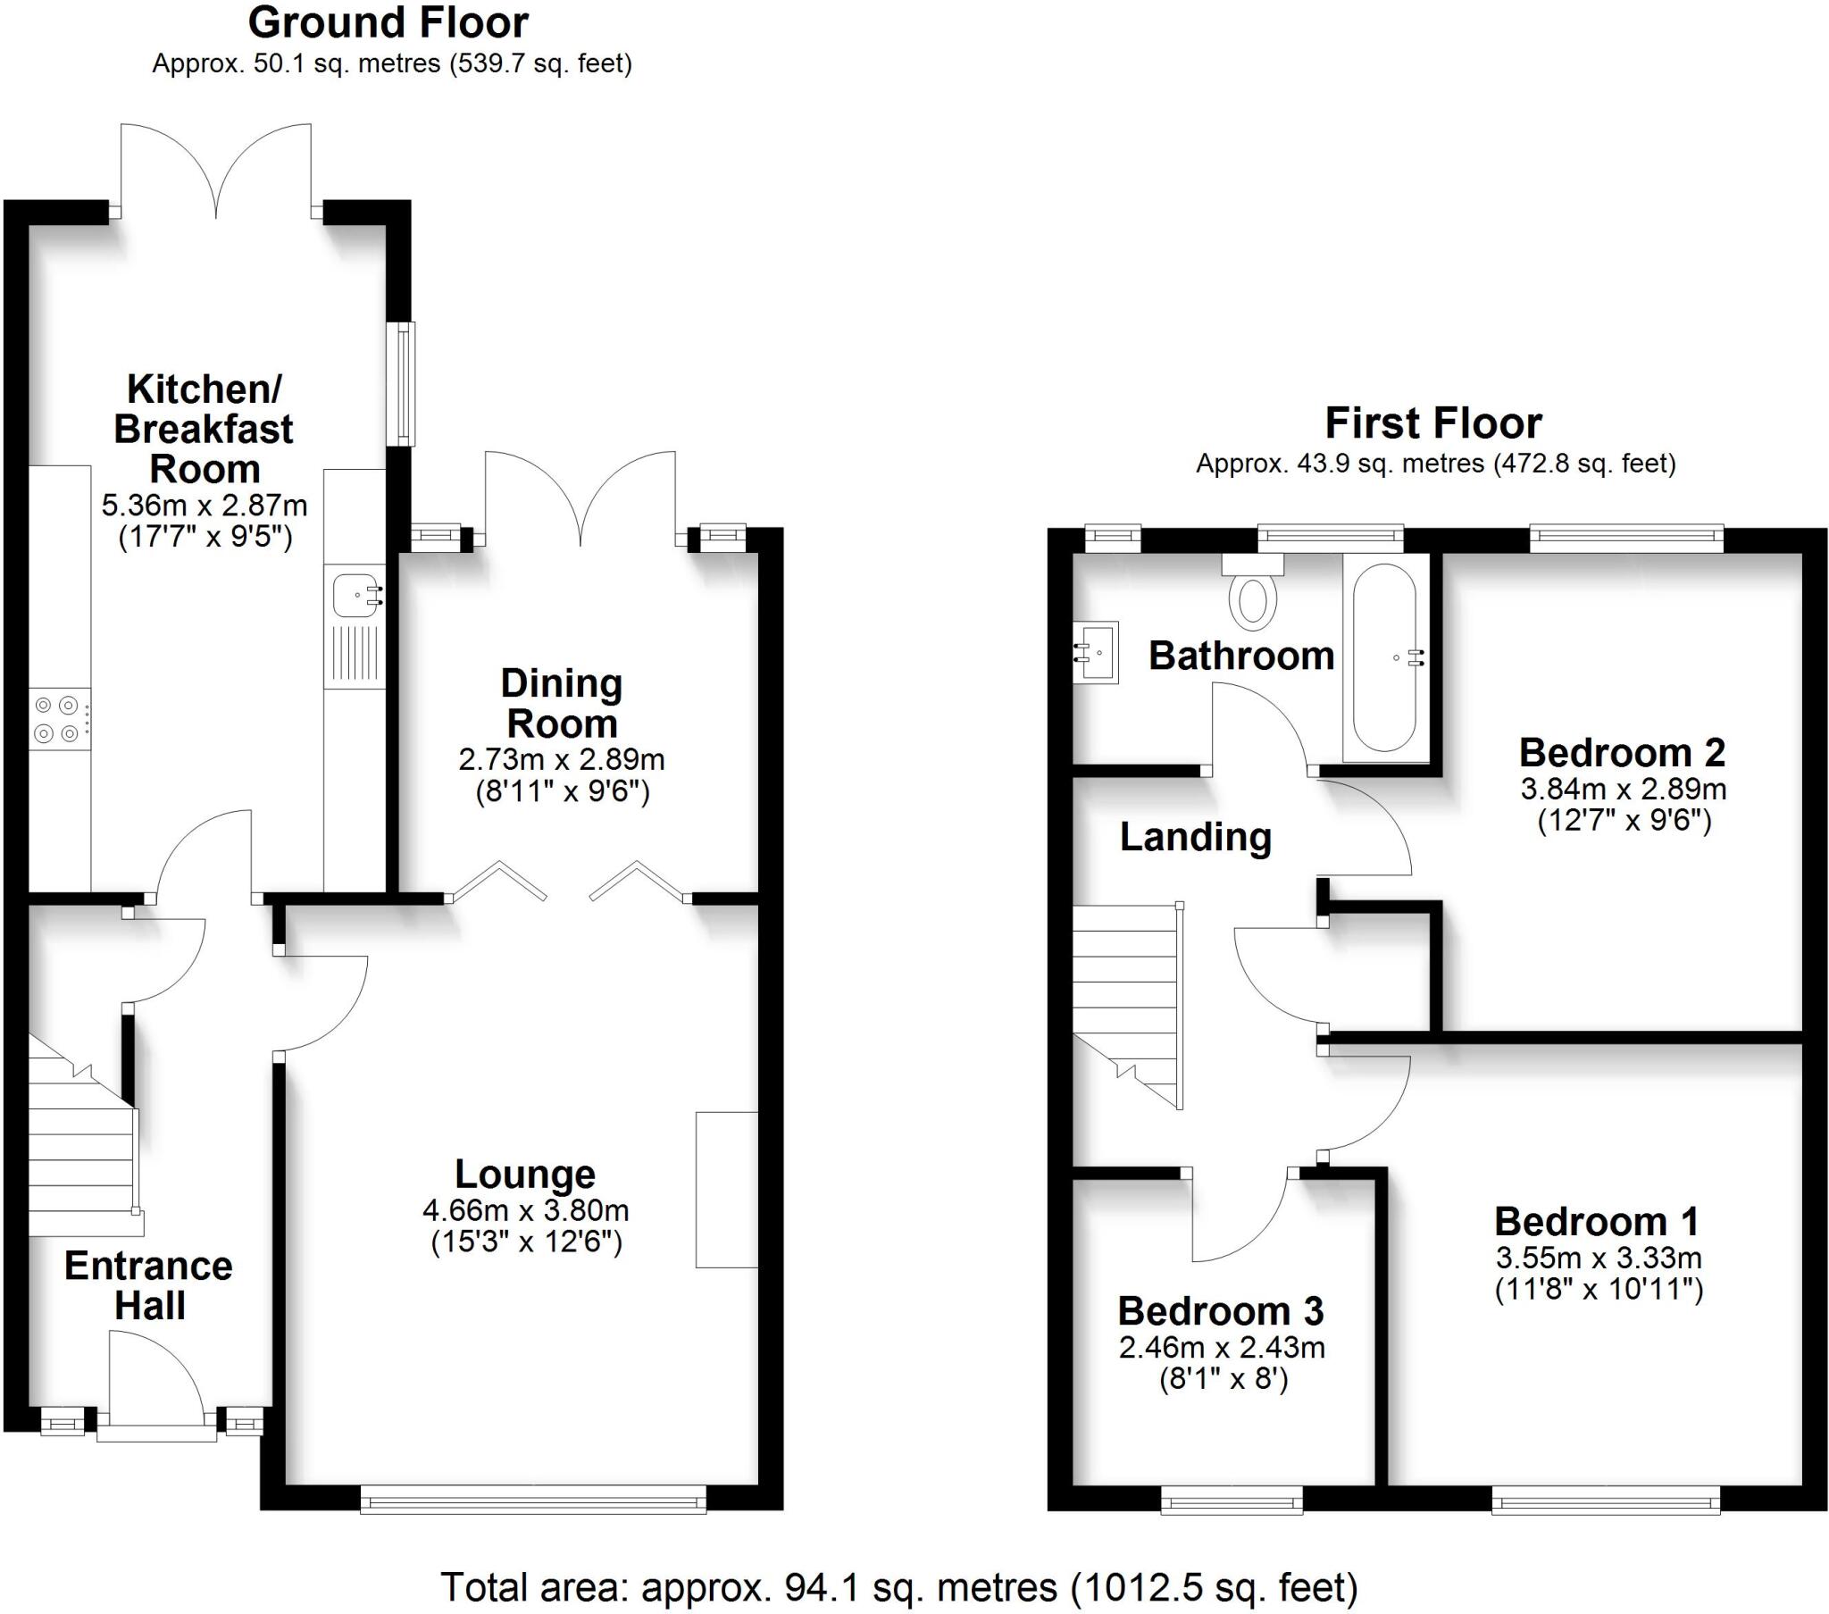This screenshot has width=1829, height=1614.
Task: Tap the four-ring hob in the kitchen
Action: point(59,719)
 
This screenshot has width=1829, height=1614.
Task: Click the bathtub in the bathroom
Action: point(1384,657)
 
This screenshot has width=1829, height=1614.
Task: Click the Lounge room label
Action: point(524,1174)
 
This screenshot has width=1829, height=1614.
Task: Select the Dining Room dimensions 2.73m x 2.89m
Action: point(561,759)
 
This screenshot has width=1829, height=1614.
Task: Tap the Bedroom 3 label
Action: point(1220,1310)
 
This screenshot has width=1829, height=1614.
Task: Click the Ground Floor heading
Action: point(388,22)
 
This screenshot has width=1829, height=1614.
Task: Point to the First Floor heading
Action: point(1432,422)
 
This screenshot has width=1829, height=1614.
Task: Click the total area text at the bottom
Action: point(898,1587)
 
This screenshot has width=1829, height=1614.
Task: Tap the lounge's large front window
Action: point(533,1499)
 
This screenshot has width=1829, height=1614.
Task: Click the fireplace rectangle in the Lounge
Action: point(726,1189)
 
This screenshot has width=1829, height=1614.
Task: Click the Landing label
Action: point(1195,836)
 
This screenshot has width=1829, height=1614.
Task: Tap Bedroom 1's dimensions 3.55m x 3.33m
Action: point(1598,1258)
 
